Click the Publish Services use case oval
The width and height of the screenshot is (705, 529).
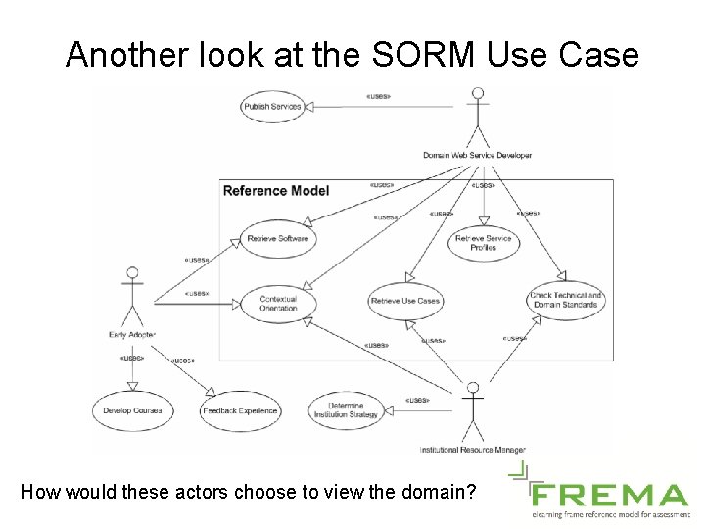(x=272, y=106)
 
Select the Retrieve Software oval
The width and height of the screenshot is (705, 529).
(x=278, y=238)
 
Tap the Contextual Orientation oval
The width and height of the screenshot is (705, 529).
(x=278, y=304)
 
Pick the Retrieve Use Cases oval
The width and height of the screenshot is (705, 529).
(x=405, y=301)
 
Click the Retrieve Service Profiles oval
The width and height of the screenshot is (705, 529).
(x=483, y=243)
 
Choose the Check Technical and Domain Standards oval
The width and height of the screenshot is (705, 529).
(x=566, y=300)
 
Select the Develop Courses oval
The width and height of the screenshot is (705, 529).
(x=132, y=410)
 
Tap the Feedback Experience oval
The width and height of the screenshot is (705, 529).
(x=240, y=411)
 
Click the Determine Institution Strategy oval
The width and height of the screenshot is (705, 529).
(x=346, y=410)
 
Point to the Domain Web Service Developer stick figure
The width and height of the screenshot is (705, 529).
(x=477, y=117)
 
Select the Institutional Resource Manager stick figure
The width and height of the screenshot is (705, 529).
(x=473, y=411)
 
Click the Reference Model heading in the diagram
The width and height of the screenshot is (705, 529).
(x=276, y=191)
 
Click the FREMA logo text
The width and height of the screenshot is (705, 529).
(x=609, y=494)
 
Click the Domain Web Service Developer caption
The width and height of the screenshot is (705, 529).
(x=478, y=155)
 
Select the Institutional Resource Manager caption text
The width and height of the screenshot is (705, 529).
(x=473, y=450)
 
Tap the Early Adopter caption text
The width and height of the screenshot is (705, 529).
(x=131, y=336)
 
